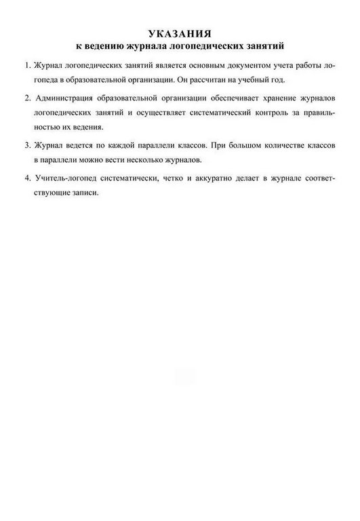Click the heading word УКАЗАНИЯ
click(x=180, y=33)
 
